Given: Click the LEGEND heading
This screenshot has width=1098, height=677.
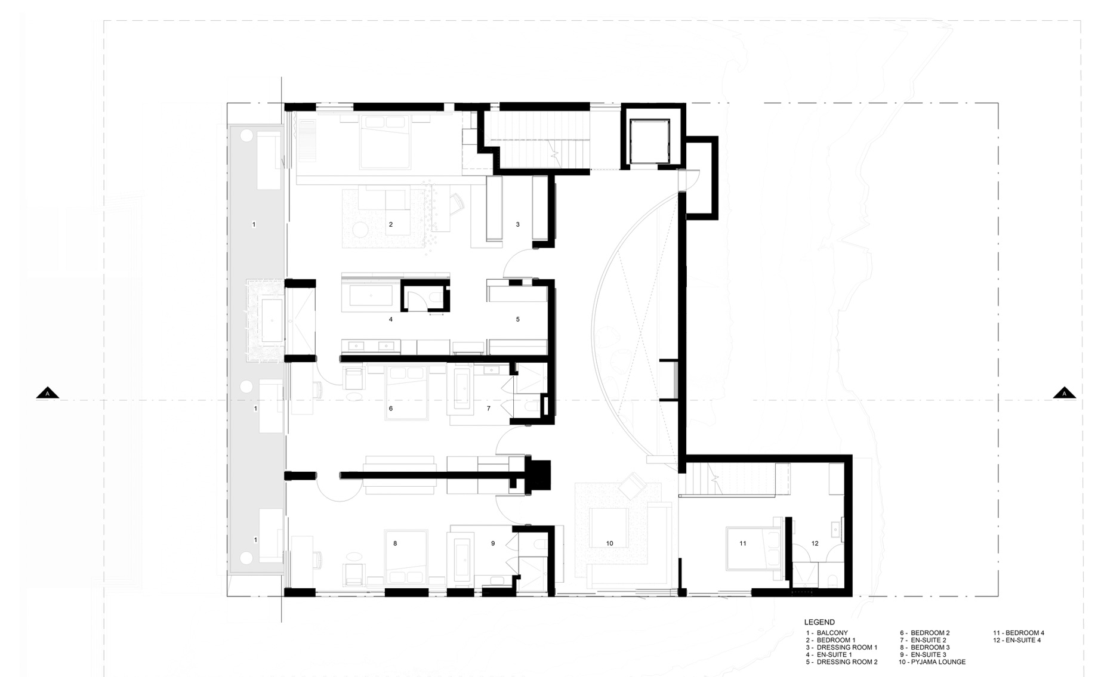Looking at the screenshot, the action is coord(819,622).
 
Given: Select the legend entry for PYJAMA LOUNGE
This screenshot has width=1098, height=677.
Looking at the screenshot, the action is coord(932,662).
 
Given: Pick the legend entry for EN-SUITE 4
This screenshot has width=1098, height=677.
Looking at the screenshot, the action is coord(1017,640).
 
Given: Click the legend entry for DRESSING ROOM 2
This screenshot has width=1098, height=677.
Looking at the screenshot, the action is coord(841,662).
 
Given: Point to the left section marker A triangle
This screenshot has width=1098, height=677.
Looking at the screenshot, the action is coord(48,393).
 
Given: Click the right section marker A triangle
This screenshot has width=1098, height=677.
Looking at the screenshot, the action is coord(1064,393).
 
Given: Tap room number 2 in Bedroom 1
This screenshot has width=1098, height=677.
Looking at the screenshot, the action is coord(391,224).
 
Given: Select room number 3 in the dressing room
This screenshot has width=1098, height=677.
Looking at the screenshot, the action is coord(517,224).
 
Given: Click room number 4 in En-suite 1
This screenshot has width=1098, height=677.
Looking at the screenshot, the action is coord(391,319).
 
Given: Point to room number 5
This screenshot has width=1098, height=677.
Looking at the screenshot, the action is coord(517,319).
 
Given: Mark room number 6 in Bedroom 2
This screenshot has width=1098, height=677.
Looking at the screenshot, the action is coord(391,409).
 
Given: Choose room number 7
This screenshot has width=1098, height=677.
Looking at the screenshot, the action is coord(489,409).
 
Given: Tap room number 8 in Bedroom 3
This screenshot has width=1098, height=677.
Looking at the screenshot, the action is coord(395,543).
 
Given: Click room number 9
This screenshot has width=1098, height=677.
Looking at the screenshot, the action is coord(493,543).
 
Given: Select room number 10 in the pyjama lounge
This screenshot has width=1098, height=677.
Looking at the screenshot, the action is coord(609,543).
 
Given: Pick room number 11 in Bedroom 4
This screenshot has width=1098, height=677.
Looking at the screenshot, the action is coord(743,543).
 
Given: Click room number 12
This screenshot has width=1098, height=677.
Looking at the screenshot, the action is coord(815,543).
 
